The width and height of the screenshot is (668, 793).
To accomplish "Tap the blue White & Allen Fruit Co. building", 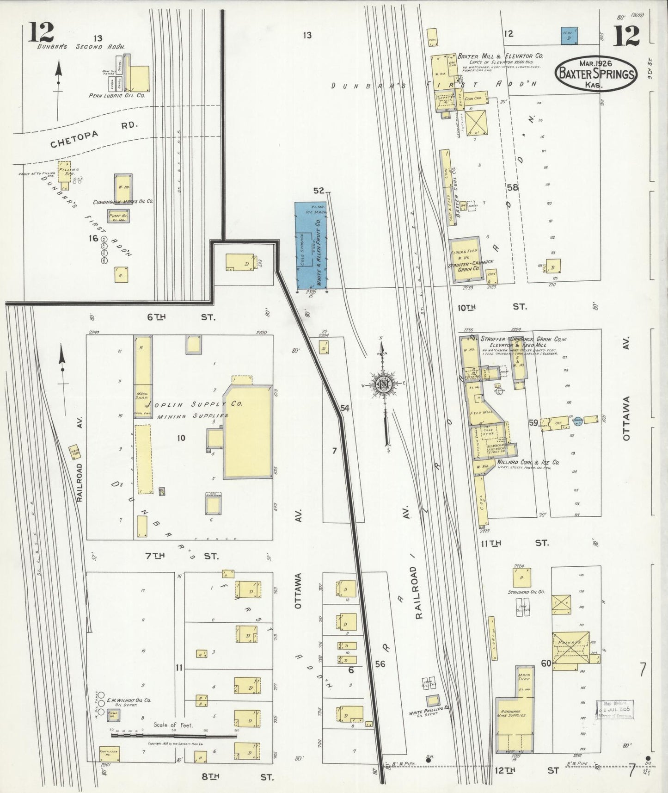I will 311,246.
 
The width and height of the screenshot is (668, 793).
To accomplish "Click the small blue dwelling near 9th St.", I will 570,36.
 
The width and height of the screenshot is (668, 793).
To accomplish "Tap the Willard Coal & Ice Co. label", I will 528,462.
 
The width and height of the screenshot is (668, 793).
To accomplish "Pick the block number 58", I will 512,188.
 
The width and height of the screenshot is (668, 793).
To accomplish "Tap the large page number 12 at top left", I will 41,32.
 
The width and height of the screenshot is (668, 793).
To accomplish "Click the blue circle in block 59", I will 577,421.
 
